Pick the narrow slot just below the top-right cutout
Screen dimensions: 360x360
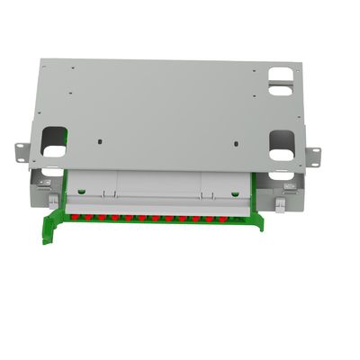tap(281, 90)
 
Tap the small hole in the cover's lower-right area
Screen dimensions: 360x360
tap(236, 144)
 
